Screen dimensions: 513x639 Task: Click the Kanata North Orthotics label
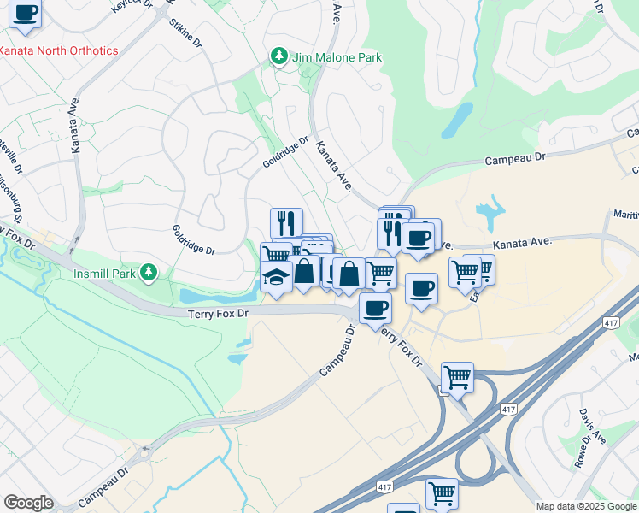click(58, 50)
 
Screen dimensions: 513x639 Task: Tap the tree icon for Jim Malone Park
click(278, 56)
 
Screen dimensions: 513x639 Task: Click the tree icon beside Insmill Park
click(149, 272)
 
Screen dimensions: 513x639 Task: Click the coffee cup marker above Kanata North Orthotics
click(26, 14)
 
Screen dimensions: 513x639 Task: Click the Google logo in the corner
click(28, 503)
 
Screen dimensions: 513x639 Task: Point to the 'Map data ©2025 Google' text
click(585, 506)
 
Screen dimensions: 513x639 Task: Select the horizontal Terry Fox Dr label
click(218, 315)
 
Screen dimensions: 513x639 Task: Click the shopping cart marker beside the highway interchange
click(457, 376)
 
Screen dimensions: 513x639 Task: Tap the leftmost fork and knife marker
click(286, 222)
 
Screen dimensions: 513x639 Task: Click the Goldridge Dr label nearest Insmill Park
click(193, 239)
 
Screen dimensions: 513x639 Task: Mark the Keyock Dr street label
click(130, 6)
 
